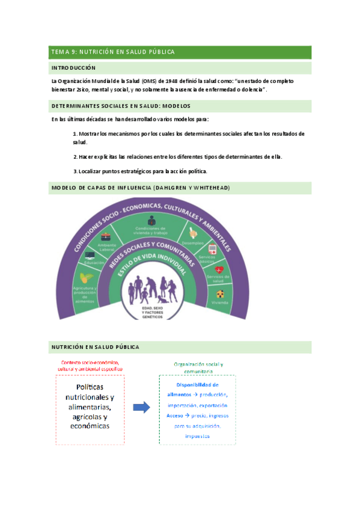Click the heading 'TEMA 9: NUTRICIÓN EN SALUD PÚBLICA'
point(113,52)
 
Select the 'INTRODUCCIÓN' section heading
point(73,69)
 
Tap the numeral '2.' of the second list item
point(75,156)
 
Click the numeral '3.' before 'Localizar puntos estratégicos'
point(75,171)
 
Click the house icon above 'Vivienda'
point(221,293)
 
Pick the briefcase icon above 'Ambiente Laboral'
point(106,236)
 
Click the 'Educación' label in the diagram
point(94,263)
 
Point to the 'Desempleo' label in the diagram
point(200,242)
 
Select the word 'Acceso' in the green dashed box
point(175,415)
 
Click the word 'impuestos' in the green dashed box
point(197,435)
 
